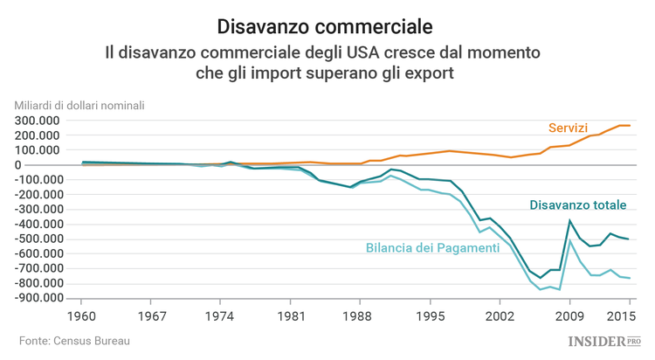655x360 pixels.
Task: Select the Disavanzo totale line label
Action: tap(578, 205)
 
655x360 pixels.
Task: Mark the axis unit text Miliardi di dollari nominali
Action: tap(79, 106)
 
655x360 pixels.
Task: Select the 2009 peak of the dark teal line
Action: tap(570, 221)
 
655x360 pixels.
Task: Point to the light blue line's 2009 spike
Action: tap(570, 239)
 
